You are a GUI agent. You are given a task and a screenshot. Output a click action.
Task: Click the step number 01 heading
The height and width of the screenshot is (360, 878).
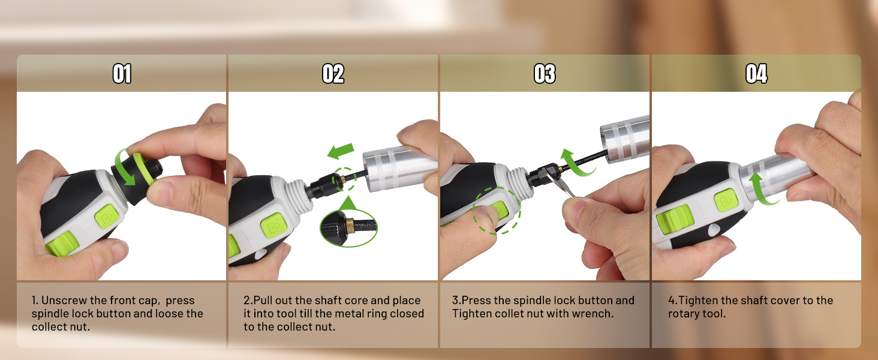click(x=122, y=74)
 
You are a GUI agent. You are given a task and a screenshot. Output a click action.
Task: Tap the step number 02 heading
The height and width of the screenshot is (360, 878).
click(x=333, y=74)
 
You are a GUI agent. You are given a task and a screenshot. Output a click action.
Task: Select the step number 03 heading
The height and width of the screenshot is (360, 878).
click(x=545, y=74)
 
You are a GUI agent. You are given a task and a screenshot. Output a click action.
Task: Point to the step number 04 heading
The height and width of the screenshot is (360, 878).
click(x=756, y=74)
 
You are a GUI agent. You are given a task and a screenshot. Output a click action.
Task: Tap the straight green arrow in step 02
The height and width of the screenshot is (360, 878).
click(x=341, y=151)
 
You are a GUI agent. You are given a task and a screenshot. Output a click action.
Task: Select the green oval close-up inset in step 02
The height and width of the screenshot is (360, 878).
click(x=348, y=228)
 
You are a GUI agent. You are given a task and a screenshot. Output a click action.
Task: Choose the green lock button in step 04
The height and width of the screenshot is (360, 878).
click(x=726, y=200)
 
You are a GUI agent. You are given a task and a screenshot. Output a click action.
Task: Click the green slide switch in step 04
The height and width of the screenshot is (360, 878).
click(x=674, y=219)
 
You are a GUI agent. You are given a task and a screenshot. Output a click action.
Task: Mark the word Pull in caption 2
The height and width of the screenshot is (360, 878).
click(x=263, y=301)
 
